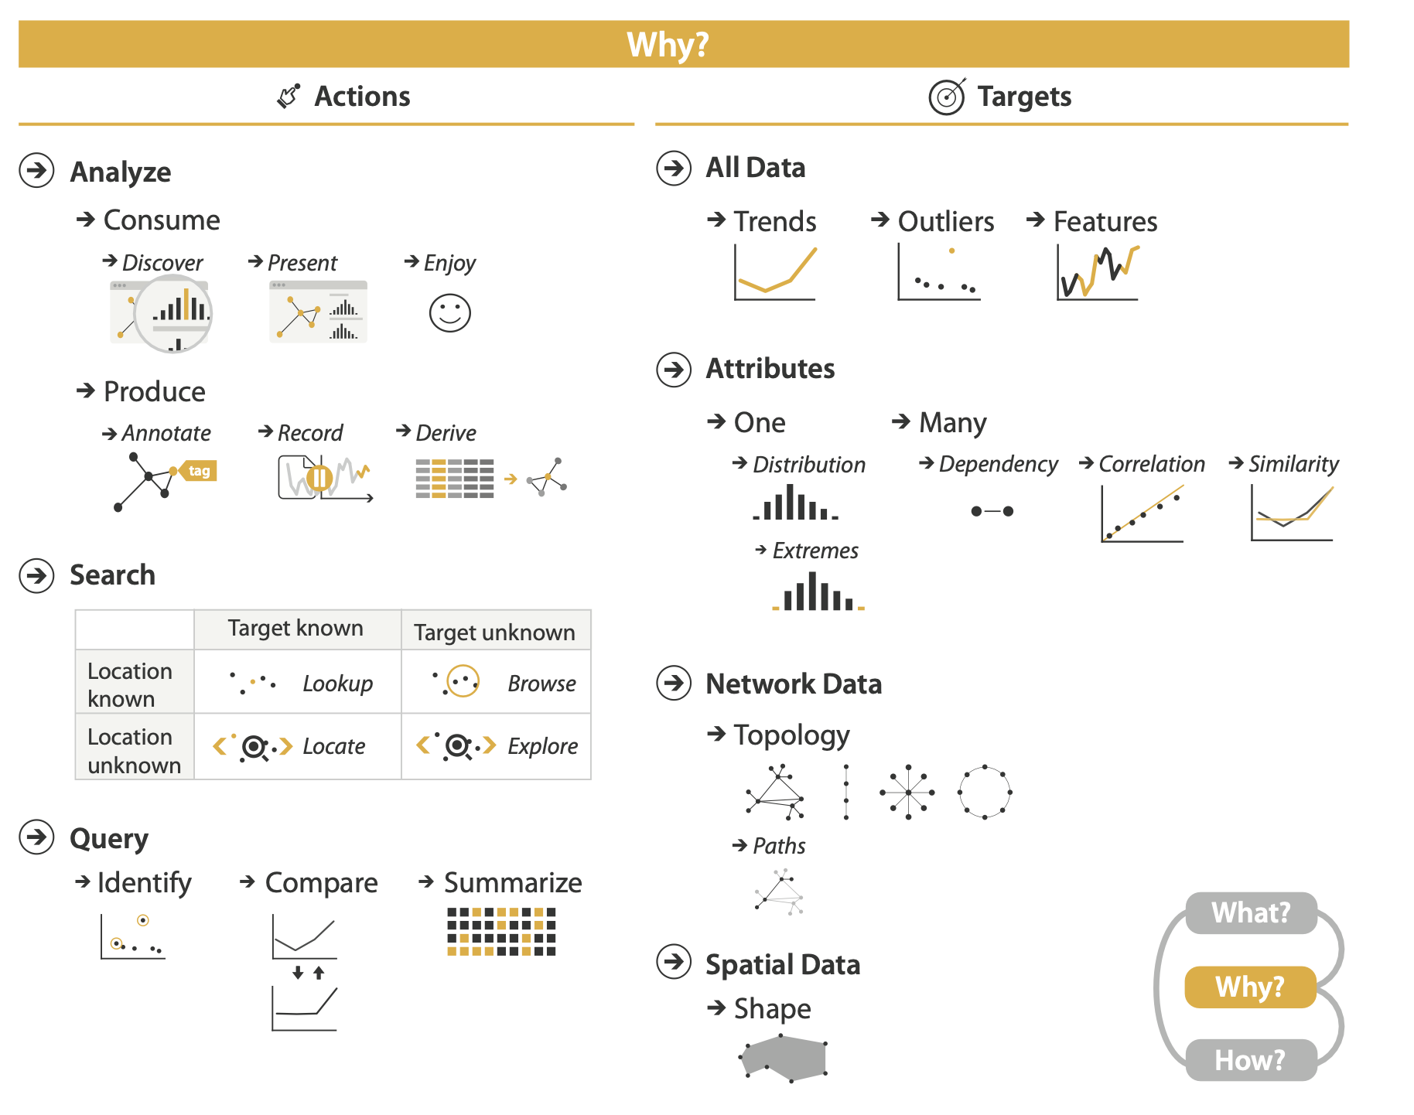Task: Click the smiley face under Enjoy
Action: click(449, 313)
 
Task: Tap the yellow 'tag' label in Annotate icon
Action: click(198, 471)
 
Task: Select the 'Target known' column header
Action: click(295, 628)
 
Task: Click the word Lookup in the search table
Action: click(337, 684)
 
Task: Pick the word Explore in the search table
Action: click(542, 746)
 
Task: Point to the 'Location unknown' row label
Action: click(134, 751)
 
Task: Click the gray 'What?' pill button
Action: click(1251, 913)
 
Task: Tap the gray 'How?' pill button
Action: click(1251, 1060)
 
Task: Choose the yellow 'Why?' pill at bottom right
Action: click(1250, 987)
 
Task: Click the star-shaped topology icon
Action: click(907, 792)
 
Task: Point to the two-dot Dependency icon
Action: click(992, 511)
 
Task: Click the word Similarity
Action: click(1293, 464)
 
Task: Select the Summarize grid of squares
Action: click(501, 932)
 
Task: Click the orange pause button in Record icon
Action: click(319, 478)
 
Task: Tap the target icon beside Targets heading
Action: click(947, 97)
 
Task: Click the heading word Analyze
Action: click(121, 172)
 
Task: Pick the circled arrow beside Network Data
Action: click(674, 684)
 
